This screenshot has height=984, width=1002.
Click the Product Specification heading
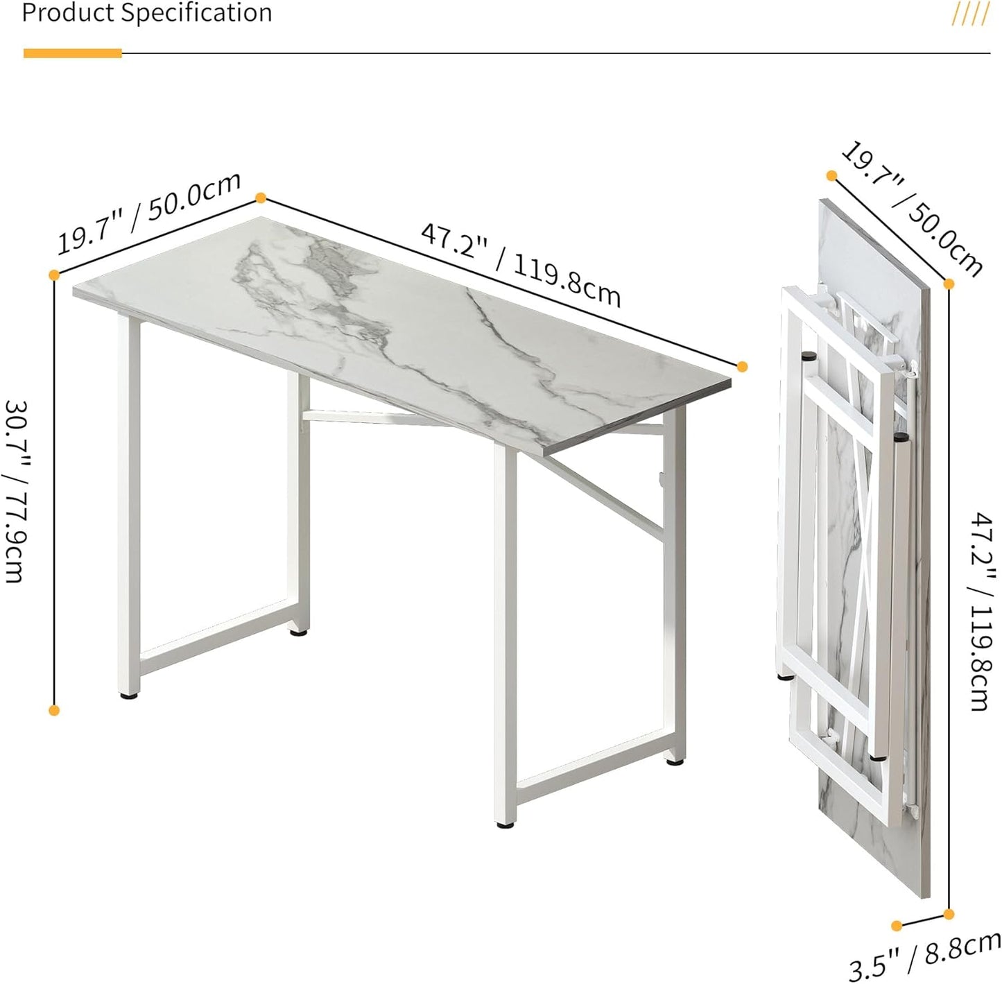(147, 13)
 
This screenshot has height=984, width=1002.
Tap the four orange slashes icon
(970, 14)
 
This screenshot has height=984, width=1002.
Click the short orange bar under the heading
(73, 53)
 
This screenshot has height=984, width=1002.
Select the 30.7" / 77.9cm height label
(15, 490)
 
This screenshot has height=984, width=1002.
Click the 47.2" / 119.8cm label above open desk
(520, 264)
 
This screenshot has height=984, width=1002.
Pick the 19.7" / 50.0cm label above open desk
(148, 212)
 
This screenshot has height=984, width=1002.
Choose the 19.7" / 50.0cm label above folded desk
(911, 209)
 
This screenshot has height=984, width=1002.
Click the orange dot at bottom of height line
(54, 710)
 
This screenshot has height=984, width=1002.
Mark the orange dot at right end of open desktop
(742, 366)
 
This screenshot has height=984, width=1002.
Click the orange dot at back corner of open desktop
(261, 198)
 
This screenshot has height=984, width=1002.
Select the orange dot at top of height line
(54, 275)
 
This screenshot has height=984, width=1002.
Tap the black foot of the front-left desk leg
(129, 693)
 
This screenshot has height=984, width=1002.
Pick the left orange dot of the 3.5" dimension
(897, 925)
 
